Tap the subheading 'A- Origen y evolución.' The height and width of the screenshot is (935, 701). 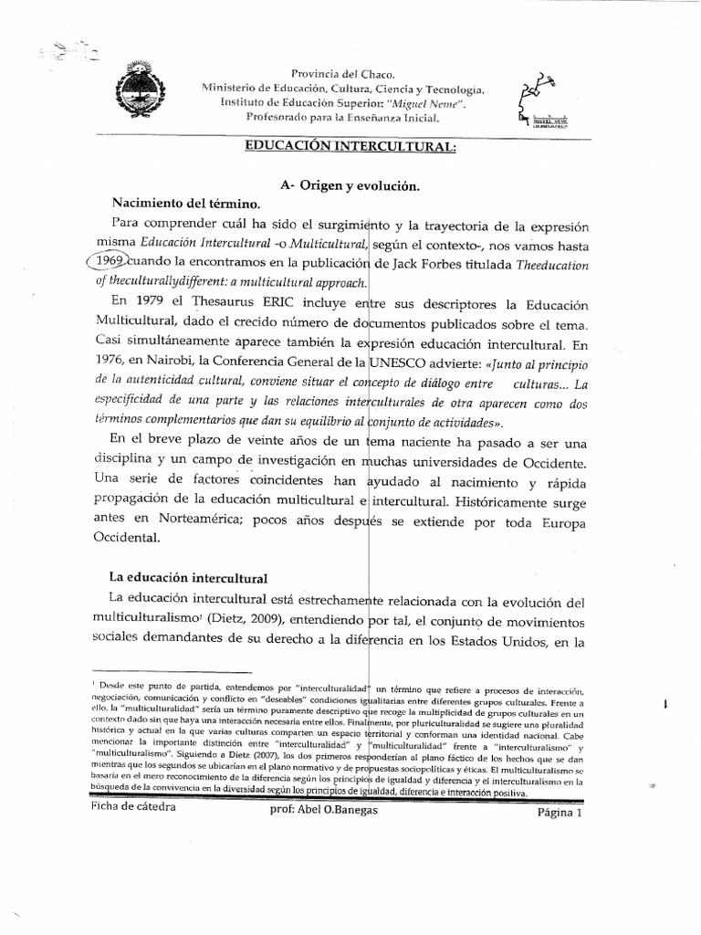pyautogui.click(x=350, y=185)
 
